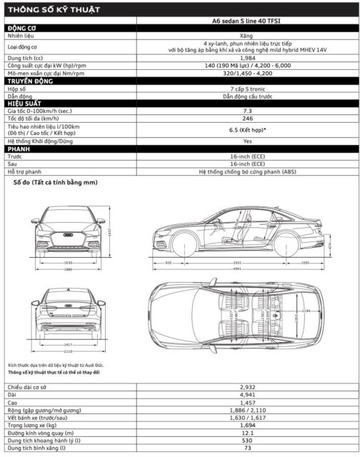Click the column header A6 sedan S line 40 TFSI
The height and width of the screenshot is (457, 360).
click(x=247, y=21)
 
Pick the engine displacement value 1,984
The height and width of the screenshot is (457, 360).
click(x=247, y=58)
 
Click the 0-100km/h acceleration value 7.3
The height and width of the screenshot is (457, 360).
click(x=247, y=111)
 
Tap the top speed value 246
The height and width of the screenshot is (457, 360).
click(x=247, y=119)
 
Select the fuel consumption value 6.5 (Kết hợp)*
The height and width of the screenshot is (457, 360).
click(x=247, y=131)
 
